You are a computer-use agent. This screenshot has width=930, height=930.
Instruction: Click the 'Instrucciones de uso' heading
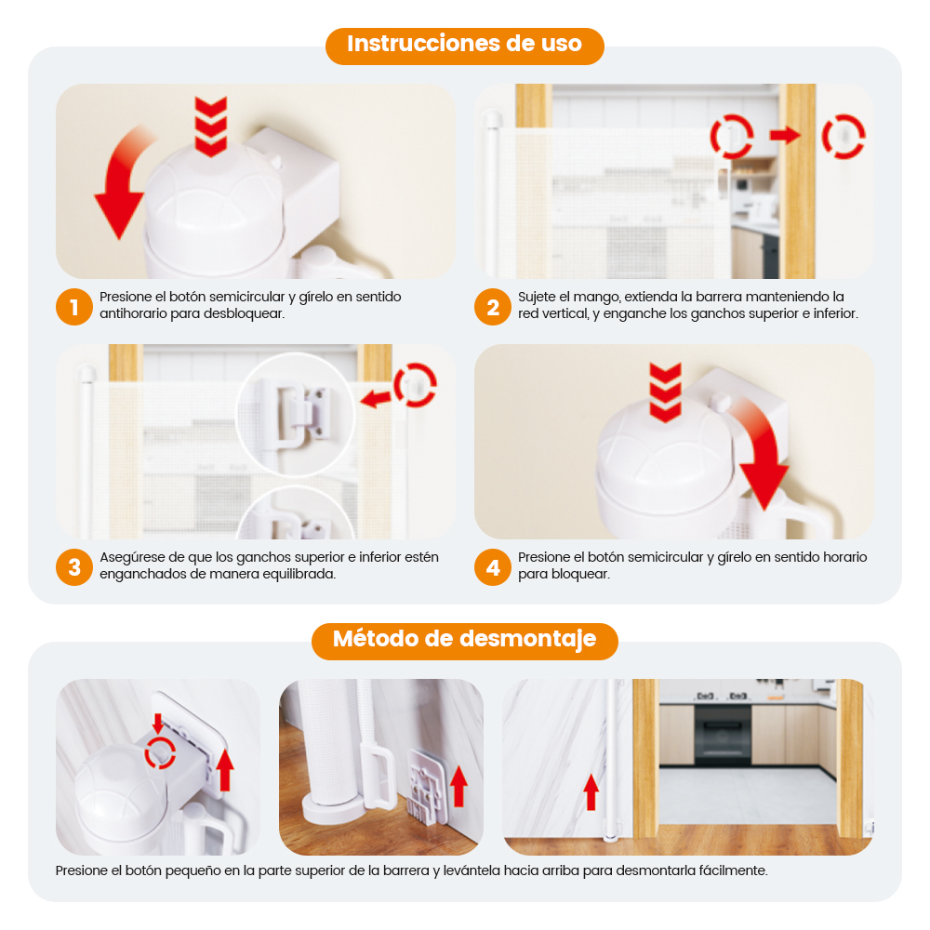pyautogui.click(x=464, y=44)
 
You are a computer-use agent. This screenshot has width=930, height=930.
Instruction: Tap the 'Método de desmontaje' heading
pyautogui.click(x=464, y=640)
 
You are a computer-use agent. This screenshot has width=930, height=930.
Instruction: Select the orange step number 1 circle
pyautogui.click(x=74, y=307)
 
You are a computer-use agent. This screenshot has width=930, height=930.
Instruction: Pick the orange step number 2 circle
pyautogui.click(x=493, y=307)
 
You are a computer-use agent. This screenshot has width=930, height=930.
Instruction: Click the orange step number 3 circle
pyautogui.click(x=74, y=567)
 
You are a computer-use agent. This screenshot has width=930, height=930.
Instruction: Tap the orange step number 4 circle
pyautogui.click(x=493, y=567)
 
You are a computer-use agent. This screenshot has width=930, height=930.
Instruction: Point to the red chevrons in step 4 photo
pyautogui.click(x=665, y=392)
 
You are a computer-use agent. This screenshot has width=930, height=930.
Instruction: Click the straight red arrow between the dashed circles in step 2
pyautogui.click(x=785, y=136)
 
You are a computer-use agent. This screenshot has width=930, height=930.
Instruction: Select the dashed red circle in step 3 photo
pyautogui.click(x=415, y=385)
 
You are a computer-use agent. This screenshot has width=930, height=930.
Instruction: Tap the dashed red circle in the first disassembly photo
pyautogui.click(x=160, y=752)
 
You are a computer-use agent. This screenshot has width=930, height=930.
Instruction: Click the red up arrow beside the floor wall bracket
pyautogui.click(x=458, y=786)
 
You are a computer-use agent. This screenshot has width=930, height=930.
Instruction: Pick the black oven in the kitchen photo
pyautogui.click(x=723, y=735)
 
